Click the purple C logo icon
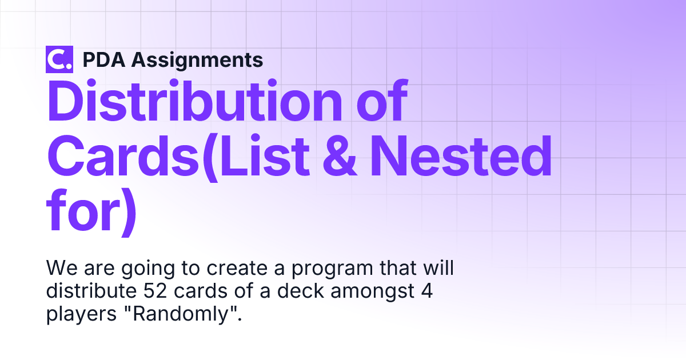click(59, 59)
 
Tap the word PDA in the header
click(104, 59)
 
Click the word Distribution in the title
click(195, 101)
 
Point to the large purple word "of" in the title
click(382, 101)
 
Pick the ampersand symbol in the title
click(340, 157)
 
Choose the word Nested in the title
click(461, 156)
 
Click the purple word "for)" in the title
click(91, 212)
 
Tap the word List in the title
click(265, 156)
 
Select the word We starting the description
click(62, 268)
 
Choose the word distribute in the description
click(91, 290)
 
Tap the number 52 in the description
click(155, 291)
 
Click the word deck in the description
click(301, 290)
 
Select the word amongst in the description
click(372, 292)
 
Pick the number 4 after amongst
click(427, 291)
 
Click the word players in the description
click(81, 315)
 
